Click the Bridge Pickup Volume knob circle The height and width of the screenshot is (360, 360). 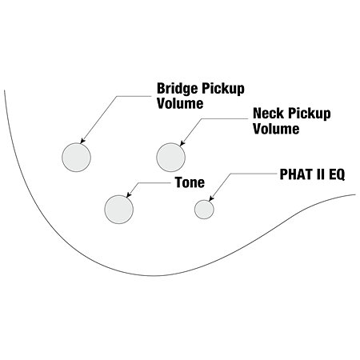tap(76, 158)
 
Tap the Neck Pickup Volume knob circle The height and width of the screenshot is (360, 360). tap(170, 158)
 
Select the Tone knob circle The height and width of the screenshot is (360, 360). tap(119, 210)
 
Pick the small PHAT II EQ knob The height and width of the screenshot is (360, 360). tap(204, 210)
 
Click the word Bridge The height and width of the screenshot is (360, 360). tap(178, 89)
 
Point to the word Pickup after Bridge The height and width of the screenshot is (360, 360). tap(222, 89)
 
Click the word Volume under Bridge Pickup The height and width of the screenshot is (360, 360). tap(180, 103)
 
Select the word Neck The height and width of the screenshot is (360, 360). tap(268, 114)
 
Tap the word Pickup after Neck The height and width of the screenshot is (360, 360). tap(309, 114)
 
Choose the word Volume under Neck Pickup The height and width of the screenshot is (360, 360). tap(276, 129)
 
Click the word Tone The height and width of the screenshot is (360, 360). tap(190, 182)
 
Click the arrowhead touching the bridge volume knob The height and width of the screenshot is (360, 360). tap(82, 141)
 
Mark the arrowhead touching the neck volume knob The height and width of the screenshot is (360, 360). tap(182, 143)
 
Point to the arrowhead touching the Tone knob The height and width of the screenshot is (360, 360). tap(129, 195)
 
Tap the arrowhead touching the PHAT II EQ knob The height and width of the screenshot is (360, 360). tap(211, 198)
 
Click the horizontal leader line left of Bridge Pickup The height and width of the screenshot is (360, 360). tap(134, 96)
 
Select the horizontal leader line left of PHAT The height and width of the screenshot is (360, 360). tap(254, 174)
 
